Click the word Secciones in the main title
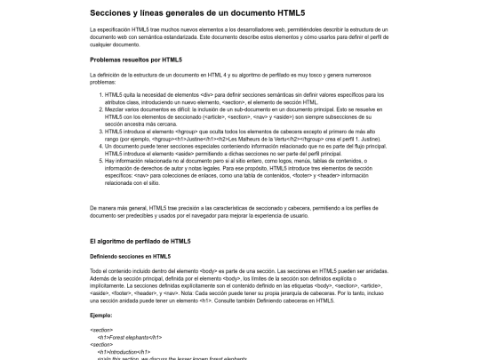pyautogui.click(x=113, y=12)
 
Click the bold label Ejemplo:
pyautogui.click(x=102, y=315)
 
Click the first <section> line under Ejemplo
pyautogui.click(x=101, y=331)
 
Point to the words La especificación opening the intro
pyautogui.click(x=112, y=29)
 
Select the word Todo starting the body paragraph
pyautogui.click(x=97, y=270)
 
